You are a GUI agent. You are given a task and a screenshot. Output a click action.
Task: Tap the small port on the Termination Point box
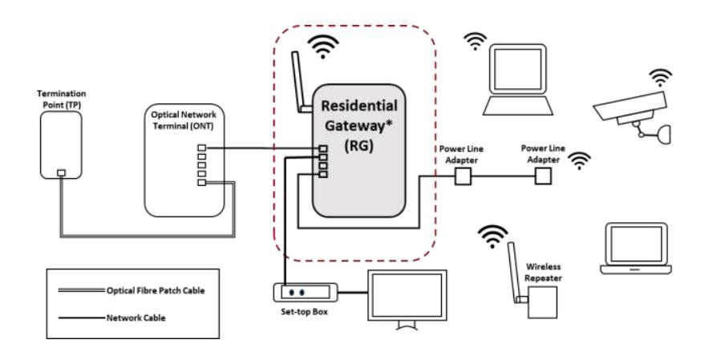63,172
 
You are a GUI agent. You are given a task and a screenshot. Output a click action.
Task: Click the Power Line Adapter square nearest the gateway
461,176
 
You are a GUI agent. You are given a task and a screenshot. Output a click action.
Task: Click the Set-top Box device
305,292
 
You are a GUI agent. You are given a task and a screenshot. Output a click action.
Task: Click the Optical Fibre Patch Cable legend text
152,289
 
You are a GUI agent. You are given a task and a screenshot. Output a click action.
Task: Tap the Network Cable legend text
135,318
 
